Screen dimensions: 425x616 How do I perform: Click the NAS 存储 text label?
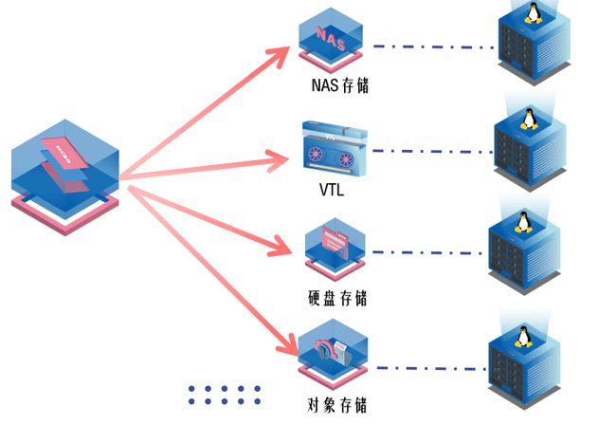339,85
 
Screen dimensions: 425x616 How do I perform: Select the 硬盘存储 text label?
338,297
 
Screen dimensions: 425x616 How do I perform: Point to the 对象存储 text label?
338,404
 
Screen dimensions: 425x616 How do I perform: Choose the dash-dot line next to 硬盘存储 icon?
426,253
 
